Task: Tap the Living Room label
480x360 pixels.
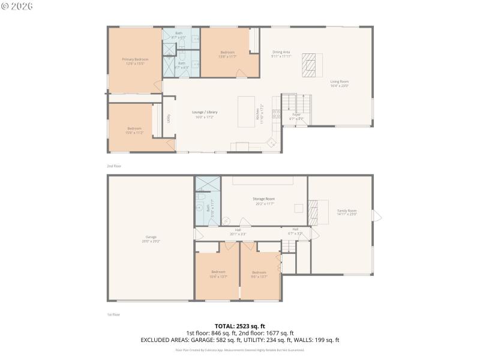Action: [339, 83]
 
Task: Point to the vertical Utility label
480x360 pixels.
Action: [169, 119]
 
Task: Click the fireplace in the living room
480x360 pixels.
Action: [308, 63]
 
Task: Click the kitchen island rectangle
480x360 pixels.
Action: [247, 112]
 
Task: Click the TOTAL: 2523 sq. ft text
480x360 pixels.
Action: [239, 326]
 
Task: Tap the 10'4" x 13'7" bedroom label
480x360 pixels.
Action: [218, 275]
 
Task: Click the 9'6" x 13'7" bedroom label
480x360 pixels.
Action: [259, 275]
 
